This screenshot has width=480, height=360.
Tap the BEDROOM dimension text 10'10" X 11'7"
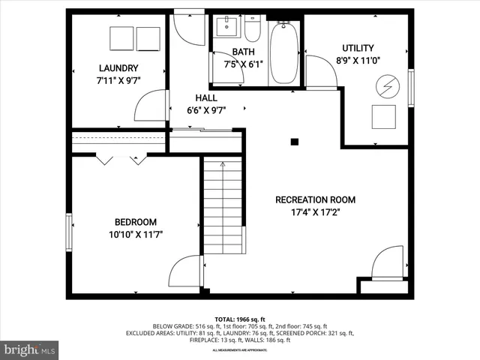pos(135,234)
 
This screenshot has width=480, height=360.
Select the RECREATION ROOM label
pos(315,199)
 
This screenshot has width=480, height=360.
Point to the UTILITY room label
pos(358,48)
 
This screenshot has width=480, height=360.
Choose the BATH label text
pos(243,52)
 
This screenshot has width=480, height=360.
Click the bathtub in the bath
pos(283,53)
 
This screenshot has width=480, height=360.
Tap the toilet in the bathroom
pos(252,30)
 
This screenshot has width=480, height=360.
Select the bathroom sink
pos(225,29)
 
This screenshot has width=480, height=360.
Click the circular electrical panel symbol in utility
pos(387,85)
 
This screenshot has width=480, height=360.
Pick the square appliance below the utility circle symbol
pos(384,115)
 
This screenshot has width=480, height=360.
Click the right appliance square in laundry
pos(148,37)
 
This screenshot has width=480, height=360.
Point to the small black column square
pos(295,141)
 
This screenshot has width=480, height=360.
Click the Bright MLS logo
pos(30,349)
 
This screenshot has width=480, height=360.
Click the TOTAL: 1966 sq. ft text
pos(240,319)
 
